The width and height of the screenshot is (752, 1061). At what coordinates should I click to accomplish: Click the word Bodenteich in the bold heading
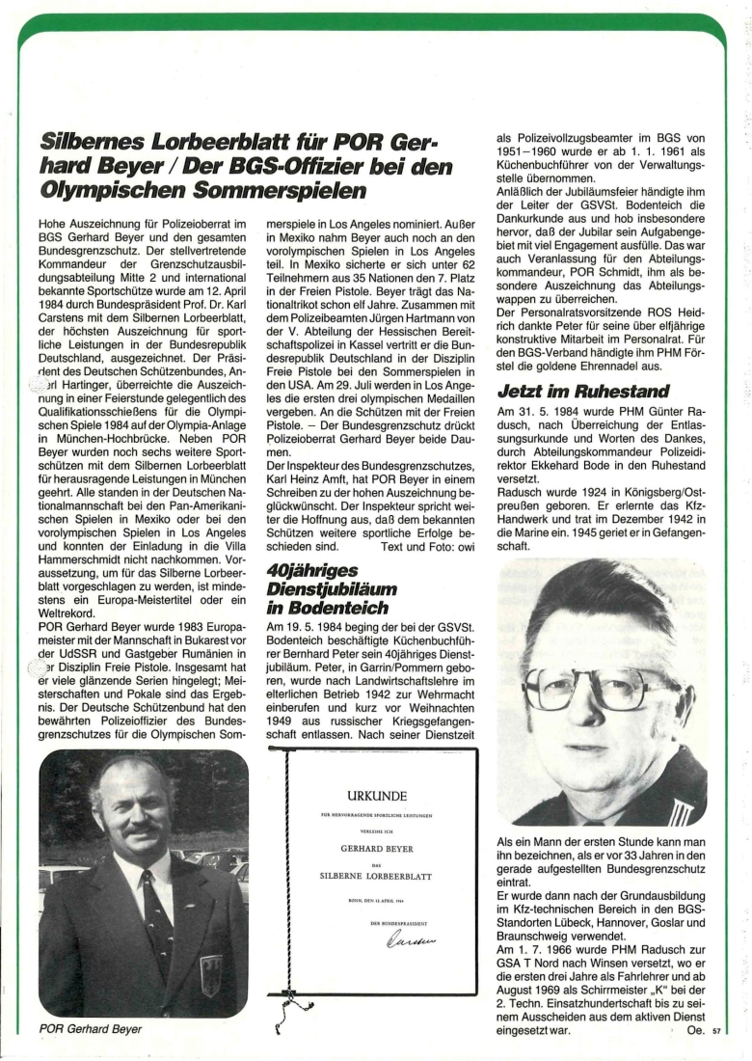pos(324,609)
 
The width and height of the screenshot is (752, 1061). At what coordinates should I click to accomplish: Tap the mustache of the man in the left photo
pos(144,829)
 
